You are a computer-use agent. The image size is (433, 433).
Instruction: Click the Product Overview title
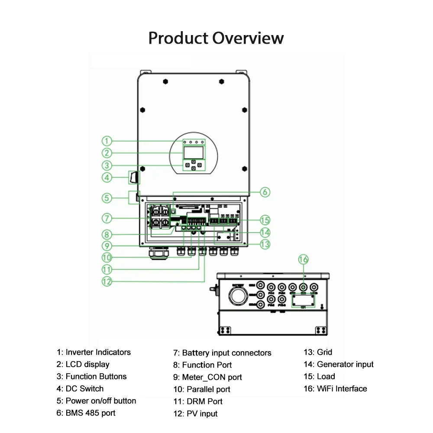pyautogui.click(x=216, y=38)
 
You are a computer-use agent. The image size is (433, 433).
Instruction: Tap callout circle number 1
pyautogui.click(x=107, y=141)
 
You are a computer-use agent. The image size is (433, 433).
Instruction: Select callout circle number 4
pyautogui.click(x=107, y=177)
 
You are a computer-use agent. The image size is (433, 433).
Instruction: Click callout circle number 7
pyautogui.click(x=107, y=217)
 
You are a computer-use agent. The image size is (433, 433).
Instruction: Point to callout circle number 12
pyautogui.click(x=107, y=281)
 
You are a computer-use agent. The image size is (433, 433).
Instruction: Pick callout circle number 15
pyautogui.click(x=265, y=220)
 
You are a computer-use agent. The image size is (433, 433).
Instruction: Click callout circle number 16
pyautogui.click(x=304, y=259)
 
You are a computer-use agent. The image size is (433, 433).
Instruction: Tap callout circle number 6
pyautogui.click(x=265, y=192)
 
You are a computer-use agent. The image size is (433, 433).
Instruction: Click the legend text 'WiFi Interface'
pyautogui.click(x=335, y=389)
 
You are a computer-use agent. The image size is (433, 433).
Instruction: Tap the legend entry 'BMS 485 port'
pyautogui.click(x=86, y=413)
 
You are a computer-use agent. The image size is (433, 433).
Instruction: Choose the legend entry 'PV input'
pyautogui.click(x=196, y=414)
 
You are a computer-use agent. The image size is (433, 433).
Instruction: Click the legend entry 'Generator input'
pyautogui.click(x=339, y=365)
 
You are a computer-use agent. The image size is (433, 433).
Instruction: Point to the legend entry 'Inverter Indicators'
pyautogui.click(x=94, y=352)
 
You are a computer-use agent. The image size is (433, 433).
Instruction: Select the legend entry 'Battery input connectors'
pyautogui.click(x=222, y=353)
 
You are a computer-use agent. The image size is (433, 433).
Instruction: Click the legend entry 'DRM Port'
pyautogui.click(x=198, y=401)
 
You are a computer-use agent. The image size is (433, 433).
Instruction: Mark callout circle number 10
pyautogui.click(x=107, y=257)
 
